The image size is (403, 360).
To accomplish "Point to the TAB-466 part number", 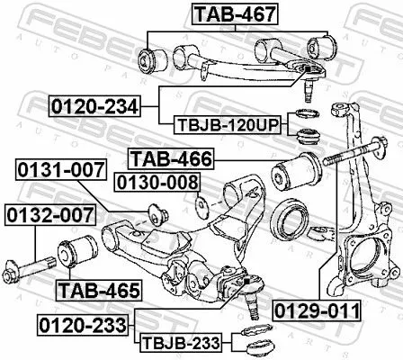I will coord(171,160).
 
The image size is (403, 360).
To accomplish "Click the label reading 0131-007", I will coord(57,168).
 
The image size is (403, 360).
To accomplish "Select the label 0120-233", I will coord(83,321).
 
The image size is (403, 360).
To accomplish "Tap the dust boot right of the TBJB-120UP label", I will coord(309,138).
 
